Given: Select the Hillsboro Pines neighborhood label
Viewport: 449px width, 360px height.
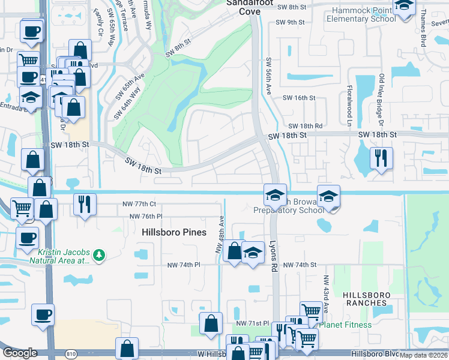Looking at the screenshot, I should click(x=174, y=232).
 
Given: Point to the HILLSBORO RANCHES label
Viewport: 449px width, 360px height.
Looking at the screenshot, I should click(x=366, y=299).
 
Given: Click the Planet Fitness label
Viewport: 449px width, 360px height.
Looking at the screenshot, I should click(x=345, y=325).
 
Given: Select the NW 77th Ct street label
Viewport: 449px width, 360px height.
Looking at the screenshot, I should click(x=138, y=205).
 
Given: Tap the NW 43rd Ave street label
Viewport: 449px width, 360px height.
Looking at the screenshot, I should click(x=327, y=294).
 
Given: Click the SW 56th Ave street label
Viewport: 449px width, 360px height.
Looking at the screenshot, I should click(x=268, y=77).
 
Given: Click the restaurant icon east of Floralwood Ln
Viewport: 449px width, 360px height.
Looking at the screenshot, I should click(x=381, y=158).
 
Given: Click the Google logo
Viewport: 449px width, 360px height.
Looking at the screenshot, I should click(x=20, y=353).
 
